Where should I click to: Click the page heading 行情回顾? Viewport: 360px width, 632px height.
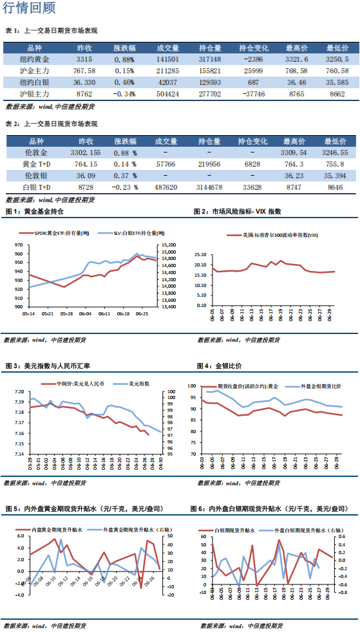pyautogui.click(x=28, y=8)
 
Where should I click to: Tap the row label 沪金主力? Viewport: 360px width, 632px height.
pyautogui.click(x=33, y=70)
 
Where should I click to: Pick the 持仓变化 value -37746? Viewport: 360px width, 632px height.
pyautogui.click(x=252, y=94)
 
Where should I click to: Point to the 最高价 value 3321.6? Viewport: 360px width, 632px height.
pyautogui.click(x=296, y=59)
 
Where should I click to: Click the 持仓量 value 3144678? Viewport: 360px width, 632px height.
pyautogui.click(x=210, y=188)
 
